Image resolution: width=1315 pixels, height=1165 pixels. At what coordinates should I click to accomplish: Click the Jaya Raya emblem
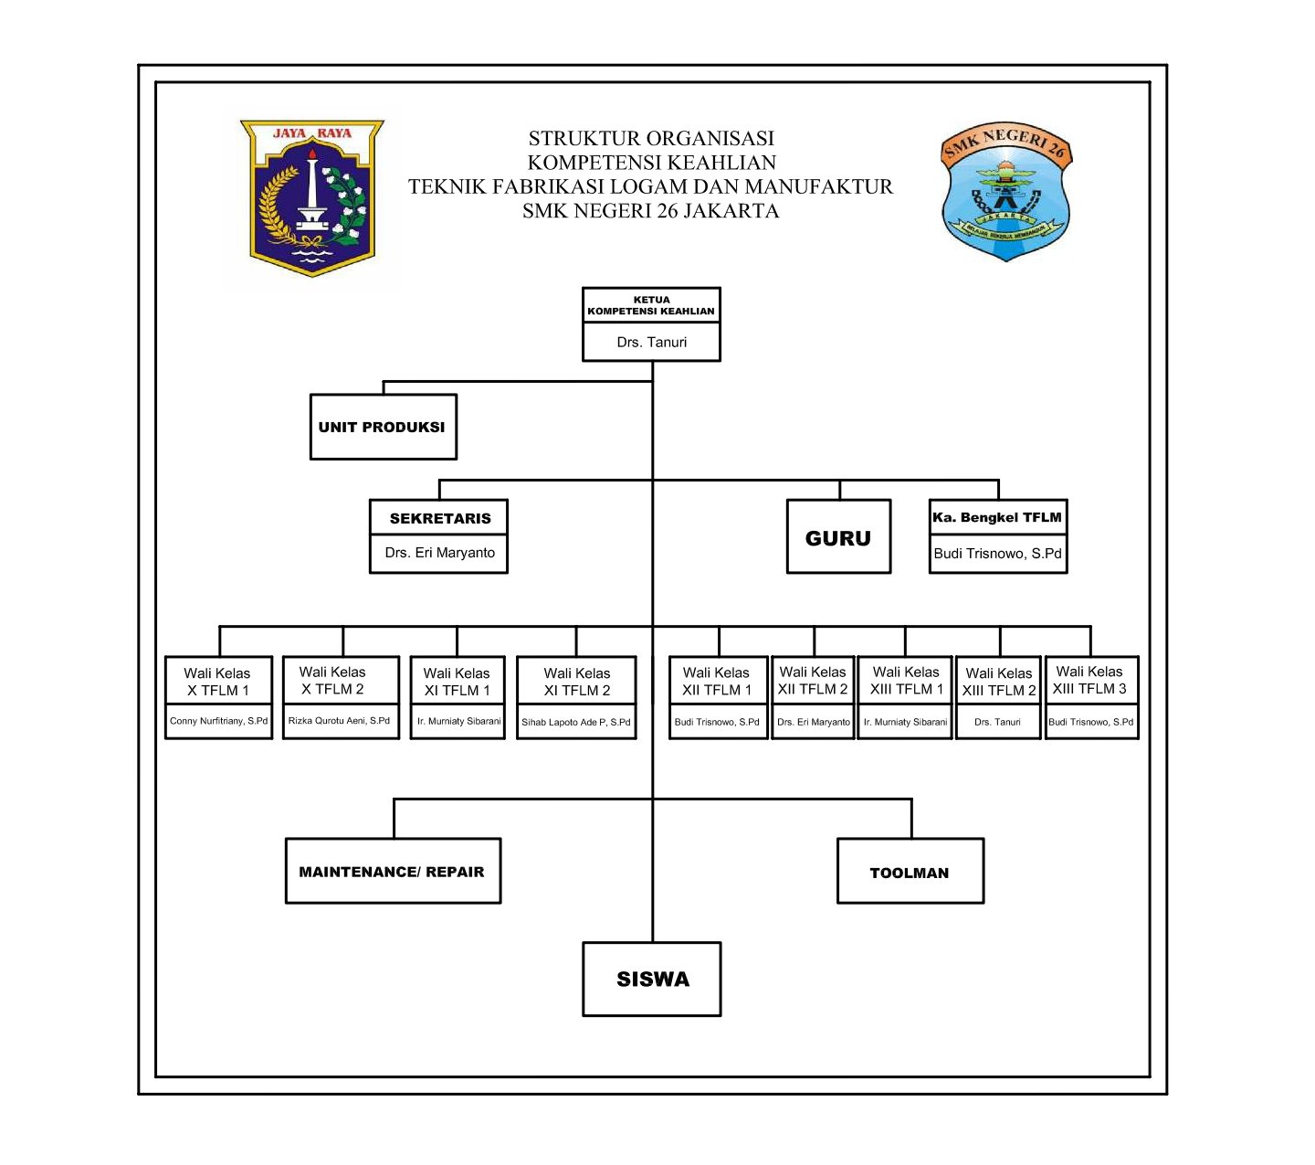coord(312,197)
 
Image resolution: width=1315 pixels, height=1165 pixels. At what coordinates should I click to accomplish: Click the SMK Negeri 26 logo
coord(1005,192)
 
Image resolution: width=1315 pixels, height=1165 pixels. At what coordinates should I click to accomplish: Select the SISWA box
coord(652,979)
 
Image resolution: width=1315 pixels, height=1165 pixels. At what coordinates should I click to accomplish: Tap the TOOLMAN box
coord(910,872)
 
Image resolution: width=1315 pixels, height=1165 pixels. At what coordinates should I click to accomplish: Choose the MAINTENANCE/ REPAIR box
coord(393,871)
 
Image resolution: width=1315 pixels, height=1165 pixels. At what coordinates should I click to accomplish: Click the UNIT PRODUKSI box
coord(383,427)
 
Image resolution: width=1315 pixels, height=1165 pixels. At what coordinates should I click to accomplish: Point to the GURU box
coord(838,537)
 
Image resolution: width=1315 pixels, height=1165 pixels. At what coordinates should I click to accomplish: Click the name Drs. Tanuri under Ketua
coord(651,342)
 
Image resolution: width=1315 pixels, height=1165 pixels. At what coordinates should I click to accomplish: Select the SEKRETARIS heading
coord(439,518)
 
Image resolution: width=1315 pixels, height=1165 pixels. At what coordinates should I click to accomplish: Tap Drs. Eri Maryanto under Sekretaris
coord(439,553)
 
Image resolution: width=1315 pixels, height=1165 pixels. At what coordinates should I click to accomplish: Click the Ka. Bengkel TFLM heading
coord(997,517)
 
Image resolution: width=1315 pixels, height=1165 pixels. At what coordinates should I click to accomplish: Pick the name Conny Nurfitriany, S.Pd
coord(218,721)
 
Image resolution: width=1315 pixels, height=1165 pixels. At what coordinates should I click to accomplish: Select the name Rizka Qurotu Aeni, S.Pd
coord(340,721)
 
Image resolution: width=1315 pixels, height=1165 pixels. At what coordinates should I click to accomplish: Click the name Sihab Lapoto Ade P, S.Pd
coord(575,722)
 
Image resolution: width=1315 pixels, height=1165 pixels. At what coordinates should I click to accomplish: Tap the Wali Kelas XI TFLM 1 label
coord(457,682)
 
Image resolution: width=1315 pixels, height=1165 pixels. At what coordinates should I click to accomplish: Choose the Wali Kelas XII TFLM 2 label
coord(813,681)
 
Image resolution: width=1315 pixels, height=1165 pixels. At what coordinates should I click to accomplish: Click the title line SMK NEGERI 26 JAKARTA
coord(651,211)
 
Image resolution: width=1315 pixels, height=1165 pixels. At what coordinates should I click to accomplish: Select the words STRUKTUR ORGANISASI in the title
coord(651,138)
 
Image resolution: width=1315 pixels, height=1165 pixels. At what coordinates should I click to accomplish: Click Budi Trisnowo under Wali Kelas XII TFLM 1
coord(717,722)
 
